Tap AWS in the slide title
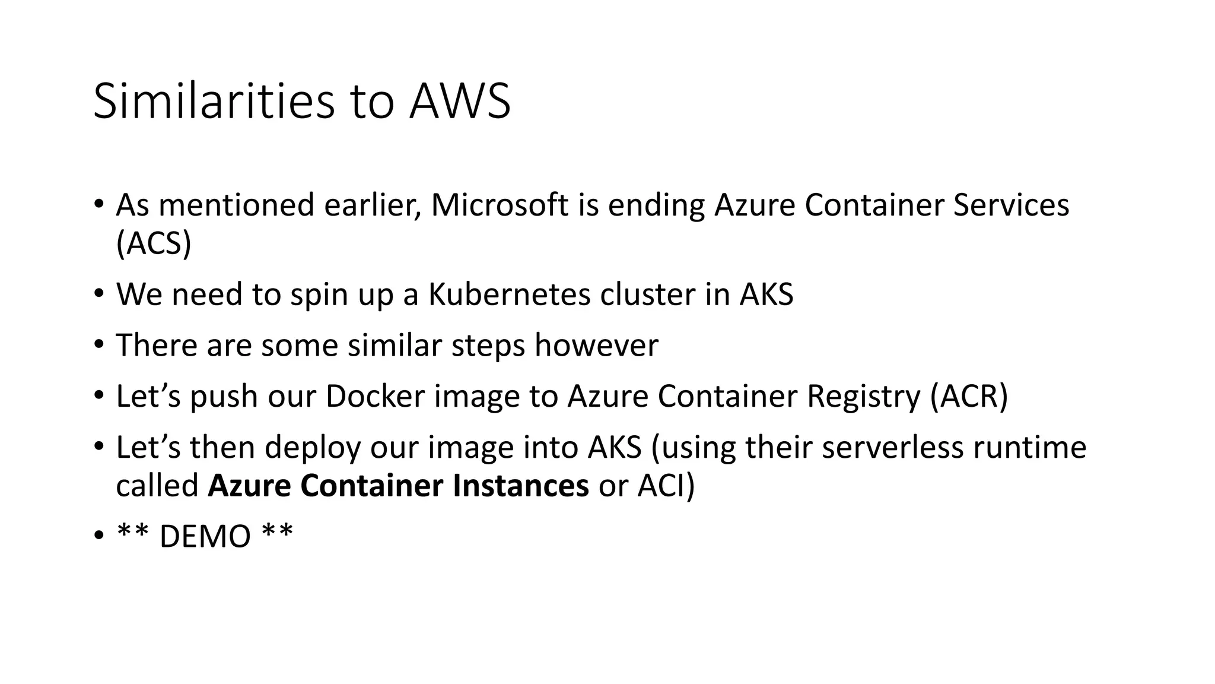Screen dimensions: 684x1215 point(460,102)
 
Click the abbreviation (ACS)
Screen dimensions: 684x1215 point(154,243)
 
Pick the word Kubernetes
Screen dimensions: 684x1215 point(510,294)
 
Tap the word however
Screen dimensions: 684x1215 point(596,346)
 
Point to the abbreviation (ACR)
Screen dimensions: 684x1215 point(969,397)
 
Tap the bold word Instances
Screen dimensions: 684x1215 point(520,486)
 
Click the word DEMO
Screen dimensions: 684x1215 point(205,537)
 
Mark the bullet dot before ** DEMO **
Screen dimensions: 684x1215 point(98,537)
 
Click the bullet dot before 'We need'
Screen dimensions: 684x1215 point(98,294)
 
